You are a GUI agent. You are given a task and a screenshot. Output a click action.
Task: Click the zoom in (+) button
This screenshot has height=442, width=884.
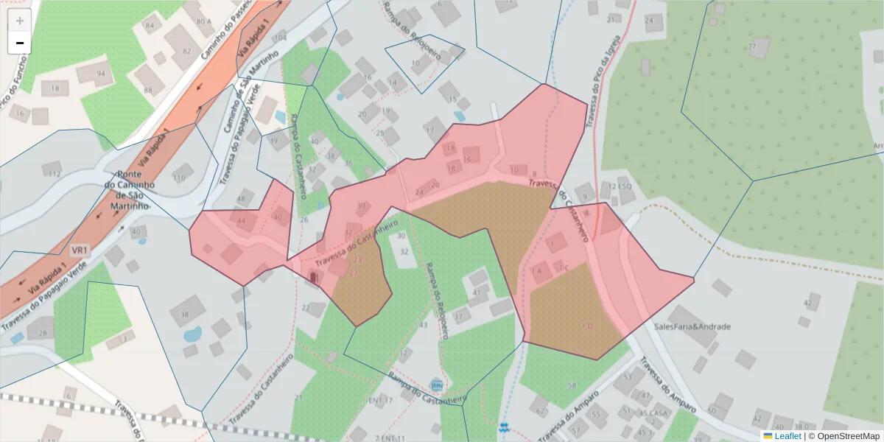pos(20,21)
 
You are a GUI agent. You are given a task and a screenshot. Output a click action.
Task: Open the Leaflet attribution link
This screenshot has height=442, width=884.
pos(787,436)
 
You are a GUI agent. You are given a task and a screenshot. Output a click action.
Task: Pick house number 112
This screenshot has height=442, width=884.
pos(54,174)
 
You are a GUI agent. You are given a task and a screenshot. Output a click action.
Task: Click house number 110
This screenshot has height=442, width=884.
pos(179,178)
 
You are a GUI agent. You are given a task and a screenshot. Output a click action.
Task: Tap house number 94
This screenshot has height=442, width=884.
pos(100,74)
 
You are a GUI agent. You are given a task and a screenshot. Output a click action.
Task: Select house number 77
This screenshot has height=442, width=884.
pos(752,46)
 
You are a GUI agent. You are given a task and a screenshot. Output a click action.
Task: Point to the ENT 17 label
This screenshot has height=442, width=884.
pos(381,401)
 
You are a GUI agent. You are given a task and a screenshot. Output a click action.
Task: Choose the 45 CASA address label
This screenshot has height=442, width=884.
pos(653,414)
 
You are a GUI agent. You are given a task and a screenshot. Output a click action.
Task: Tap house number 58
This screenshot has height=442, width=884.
pos(572,386)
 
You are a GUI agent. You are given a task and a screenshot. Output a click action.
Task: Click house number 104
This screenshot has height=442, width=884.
pos(279,38)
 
